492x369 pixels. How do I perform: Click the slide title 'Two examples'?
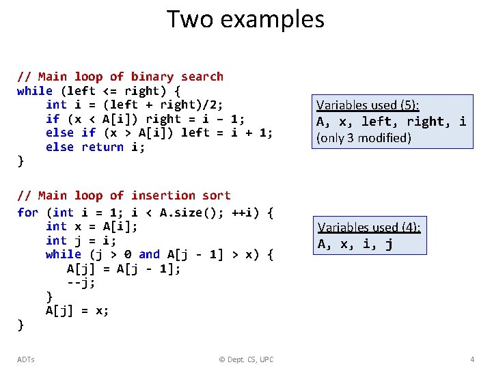point(245,19)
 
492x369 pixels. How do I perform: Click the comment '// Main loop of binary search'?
point(120,77)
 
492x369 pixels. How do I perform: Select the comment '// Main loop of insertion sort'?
point(124,195)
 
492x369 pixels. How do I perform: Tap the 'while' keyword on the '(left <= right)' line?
point(35,91)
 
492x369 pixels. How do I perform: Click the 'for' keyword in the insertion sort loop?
point(28,213)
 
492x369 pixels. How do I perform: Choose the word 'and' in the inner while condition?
point(149,254)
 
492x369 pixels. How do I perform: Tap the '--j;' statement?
point(81,282)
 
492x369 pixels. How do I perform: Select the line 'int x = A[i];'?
point(91,226)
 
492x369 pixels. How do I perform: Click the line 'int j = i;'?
point(81,241)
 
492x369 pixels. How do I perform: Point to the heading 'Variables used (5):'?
point(368,105)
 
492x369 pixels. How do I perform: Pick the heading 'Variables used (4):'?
point(369,228)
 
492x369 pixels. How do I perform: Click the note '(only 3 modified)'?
point(364,138)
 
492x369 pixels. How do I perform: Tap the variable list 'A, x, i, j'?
point(355,244)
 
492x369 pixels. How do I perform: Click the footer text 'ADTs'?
point(26,359)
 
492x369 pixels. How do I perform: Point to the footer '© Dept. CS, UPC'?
point(245,359)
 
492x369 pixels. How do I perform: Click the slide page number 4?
point(472,359)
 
